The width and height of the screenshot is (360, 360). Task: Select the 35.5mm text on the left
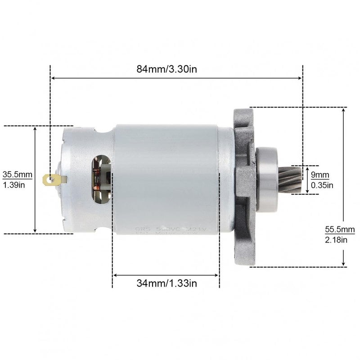(x=18, y=174)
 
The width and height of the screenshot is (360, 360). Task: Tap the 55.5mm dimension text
(x=337, y=229)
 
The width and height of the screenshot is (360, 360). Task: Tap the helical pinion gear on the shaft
(x=288, y=180)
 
